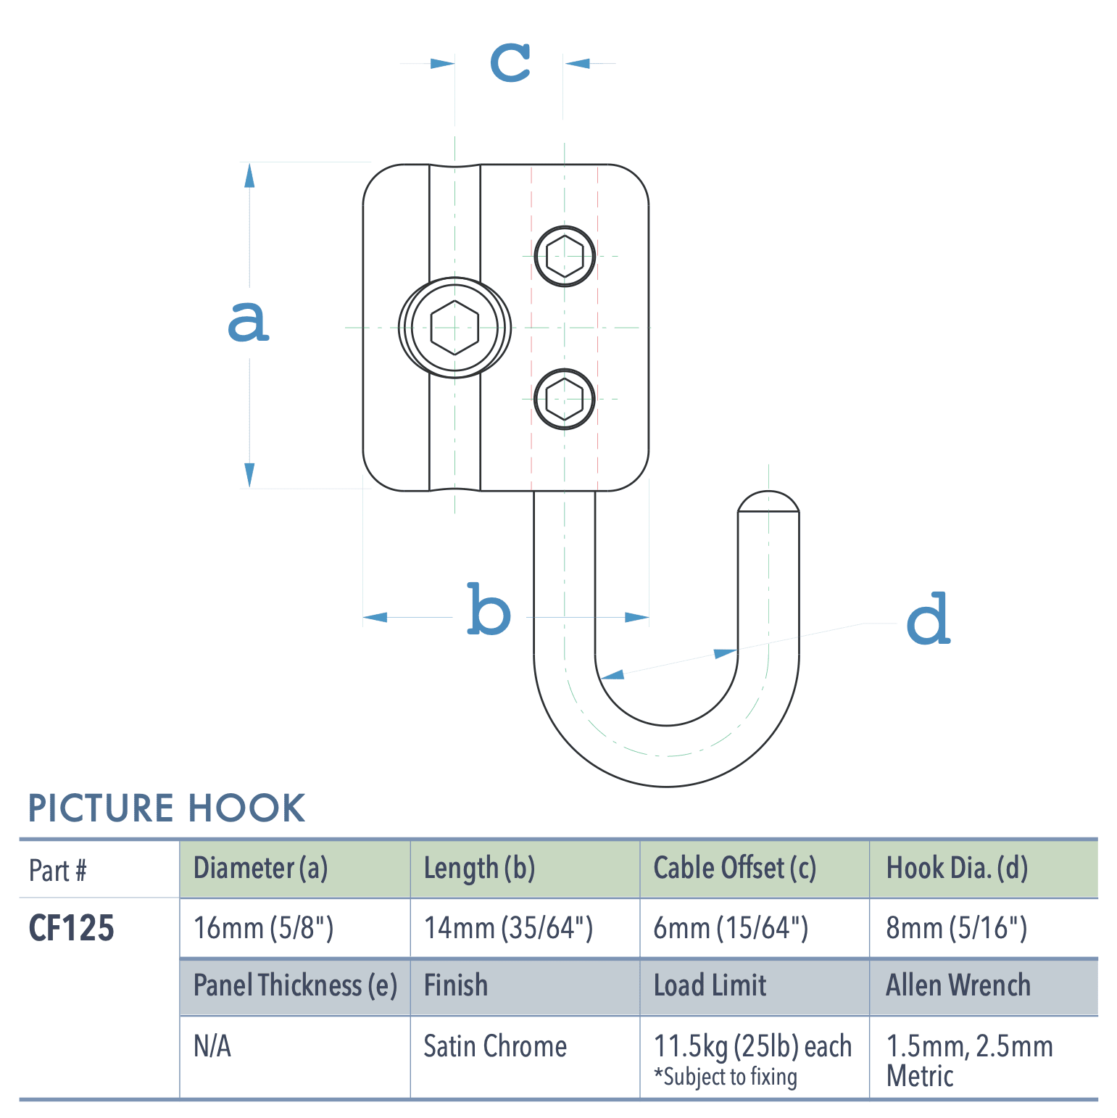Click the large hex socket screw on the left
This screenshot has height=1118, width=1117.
(x=454, y=328)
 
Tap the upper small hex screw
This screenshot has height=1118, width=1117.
(x=565, y=256)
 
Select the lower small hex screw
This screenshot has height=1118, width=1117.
(x=565, y=399)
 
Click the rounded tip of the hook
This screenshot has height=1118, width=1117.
(x=768, y=502)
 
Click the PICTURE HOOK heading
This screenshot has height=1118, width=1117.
(x=167, y=808)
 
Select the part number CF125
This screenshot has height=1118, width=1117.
(x=71, y=928)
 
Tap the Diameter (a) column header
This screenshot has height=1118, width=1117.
(x=260, y=868)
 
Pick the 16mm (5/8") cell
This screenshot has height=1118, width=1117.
(x=263, y=928)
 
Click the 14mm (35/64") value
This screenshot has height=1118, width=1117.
(x=508, y=928)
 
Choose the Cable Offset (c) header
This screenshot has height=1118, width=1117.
(x=734, y=868)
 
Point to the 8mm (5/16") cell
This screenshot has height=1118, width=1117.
(x=956, y=928)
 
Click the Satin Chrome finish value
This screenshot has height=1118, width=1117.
(x=495, y=1046)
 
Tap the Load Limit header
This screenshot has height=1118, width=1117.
(x=710, y=985)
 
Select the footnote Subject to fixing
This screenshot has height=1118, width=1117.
(x=726, y=1077)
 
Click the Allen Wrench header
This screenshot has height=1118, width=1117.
(x=958, y=985)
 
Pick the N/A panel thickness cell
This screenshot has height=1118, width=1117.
(x=212, y=1046)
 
